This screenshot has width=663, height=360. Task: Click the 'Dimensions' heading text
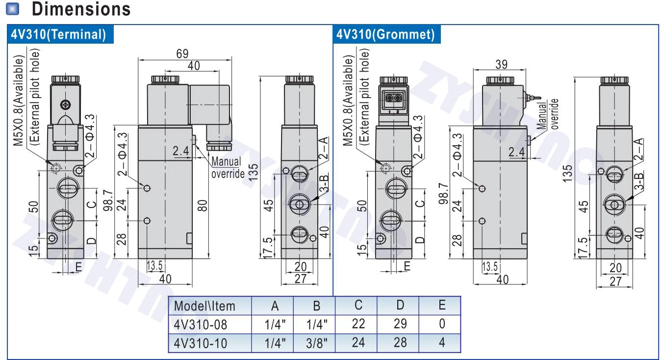pyautogui.click(x=81, y=9)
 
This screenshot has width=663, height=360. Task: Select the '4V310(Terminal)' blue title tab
pyautogui.click(x=60, y=34)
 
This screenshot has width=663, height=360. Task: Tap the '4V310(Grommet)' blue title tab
pyautogui.click(x=386, y=34)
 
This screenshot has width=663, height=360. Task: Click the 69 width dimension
pyautogui.click(x=182, y=54)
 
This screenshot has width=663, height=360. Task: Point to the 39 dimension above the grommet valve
pyautogui.click(x=501, y=64)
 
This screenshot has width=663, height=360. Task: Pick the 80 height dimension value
pyautogui.click(x=203, y=206)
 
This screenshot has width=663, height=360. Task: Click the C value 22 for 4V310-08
pyautogui.click(x=358, y=324)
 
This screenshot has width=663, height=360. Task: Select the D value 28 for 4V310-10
pyautogui.click(x=400, y=342)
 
